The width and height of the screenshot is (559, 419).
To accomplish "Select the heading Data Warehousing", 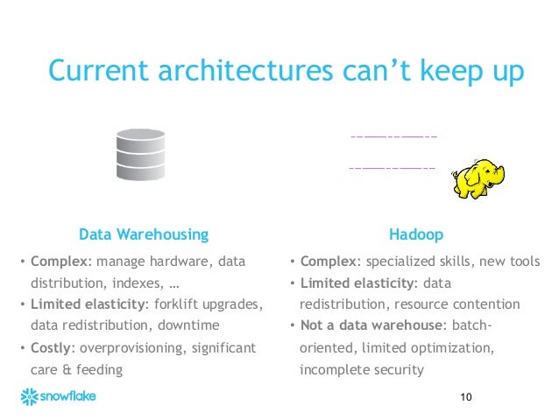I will click(x=144, y=234).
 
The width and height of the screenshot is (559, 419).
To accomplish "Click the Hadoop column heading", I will click(x=415, y=234).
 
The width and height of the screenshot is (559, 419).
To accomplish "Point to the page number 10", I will click(x=465, y=398).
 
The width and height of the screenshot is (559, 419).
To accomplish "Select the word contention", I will click(x=487, y=304).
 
